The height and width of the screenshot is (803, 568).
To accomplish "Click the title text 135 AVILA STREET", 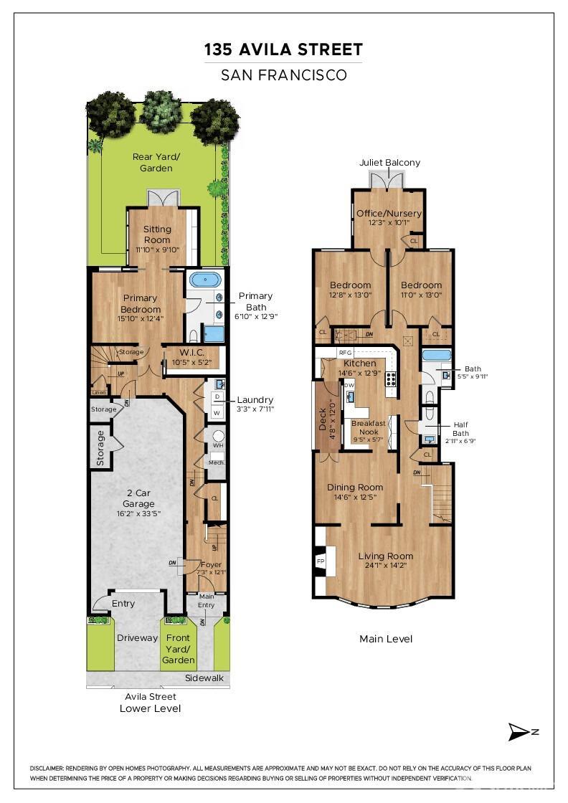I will tap(283, 49).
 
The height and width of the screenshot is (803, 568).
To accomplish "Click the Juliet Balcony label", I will tap(389, 163).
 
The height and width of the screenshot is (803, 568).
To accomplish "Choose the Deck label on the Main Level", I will tap(323, 419).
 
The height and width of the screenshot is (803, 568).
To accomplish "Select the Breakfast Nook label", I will tap(368, 427).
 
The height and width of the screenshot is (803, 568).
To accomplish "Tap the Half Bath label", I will tap(460, 429).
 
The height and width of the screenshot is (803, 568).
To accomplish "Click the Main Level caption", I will tap(386, 639).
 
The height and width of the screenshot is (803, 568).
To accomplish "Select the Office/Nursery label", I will tap(389, 213).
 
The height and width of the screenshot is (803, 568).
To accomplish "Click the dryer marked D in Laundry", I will tap(217, 396).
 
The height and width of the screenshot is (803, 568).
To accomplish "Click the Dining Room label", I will tap(355, 488).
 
